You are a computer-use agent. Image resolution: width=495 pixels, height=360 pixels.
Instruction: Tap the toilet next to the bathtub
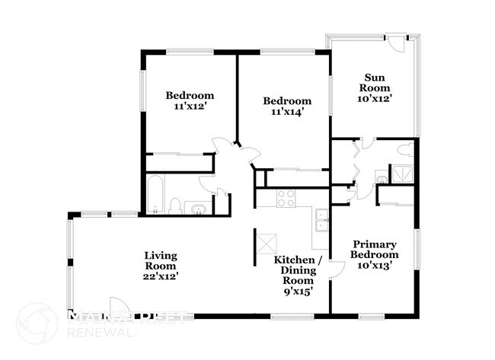click(x=174, y=205)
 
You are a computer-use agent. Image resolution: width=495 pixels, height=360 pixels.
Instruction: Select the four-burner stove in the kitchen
click(x=286, y=198)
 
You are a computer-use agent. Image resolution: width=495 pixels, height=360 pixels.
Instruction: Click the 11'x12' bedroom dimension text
click(x=190, y=107)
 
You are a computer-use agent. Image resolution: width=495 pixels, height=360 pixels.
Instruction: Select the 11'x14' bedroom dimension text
click(x=287, y=113)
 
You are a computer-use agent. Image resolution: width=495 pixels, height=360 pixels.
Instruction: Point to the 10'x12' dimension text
click(x=374, y=98)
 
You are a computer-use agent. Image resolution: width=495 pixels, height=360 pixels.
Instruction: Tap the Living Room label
click(x=161, y=261)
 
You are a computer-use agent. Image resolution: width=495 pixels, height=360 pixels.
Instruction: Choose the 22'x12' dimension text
click(x=161, y=277)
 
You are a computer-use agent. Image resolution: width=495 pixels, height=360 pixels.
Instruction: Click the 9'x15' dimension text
click(x=298, y=291)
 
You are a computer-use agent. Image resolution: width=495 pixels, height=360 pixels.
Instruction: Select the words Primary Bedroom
click(x=375, y=249)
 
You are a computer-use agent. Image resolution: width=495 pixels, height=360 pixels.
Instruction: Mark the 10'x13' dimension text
click(x=375, y=265)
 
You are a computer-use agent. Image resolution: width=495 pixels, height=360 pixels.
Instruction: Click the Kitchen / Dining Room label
click(x=299, y=270)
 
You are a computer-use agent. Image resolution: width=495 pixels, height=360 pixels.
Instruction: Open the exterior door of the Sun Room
click(x=395, y=42)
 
